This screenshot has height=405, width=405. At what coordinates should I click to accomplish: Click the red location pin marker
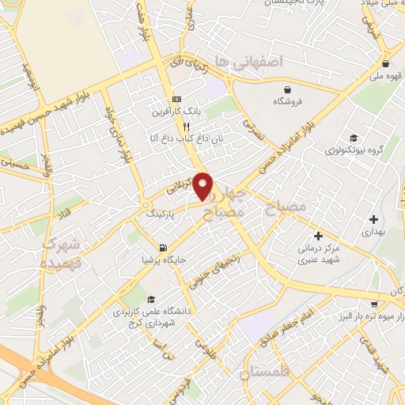pyautogui.click(x=203, y=186)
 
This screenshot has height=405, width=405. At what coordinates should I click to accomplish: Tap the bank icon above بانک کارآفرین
pyautogui.click(x=177, y=100)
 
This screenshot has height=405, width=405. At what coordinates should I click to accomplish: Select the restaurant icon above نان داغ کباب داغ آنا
pyautogui.click(x=187, y=127)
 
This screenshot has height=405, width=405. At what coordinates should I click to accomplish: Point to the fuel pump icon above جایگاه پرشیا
pyautogui.click(x=163, y=246)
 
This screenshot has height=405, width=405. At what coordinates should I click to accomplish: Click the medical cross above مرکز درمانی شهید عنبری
pyautogui.click(x=318, y=236)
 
